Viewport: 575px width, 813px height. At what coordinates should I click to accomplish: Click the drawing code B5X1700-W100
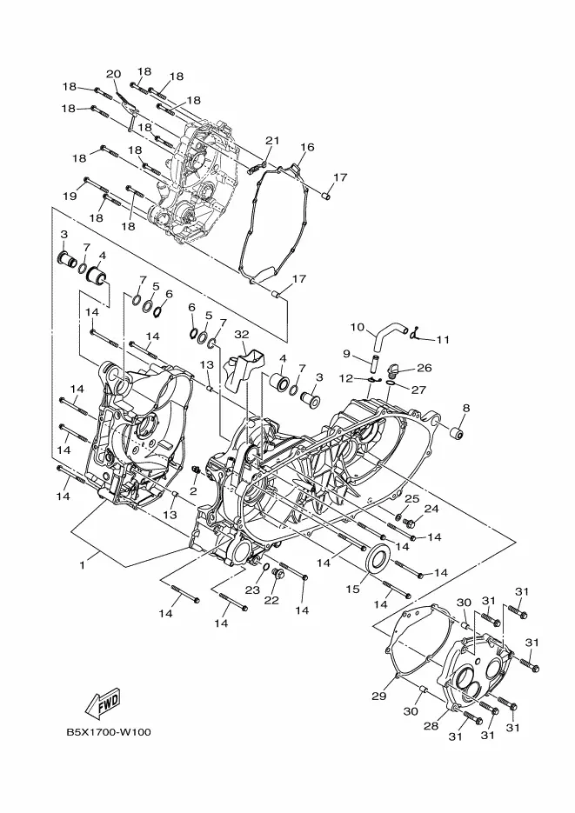(x=109, y=732)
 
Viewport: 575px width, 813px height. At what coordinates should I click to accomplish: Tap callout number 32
(x=242, y=335)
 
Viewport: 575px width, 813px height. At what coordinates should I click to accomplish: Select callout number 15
(x=352, y=589)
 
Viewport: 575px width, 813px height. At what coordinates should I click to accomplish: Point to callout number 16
(x=307, y=147)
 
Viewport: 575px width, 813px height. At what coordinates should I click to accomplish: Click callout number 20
(x=114, y=74)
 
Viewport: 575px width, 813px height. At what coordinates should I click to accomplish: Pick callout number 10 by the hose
(x=358, y=327)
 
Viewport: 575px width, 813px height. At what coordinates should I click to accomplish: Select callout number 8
(x=466, y=408)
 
